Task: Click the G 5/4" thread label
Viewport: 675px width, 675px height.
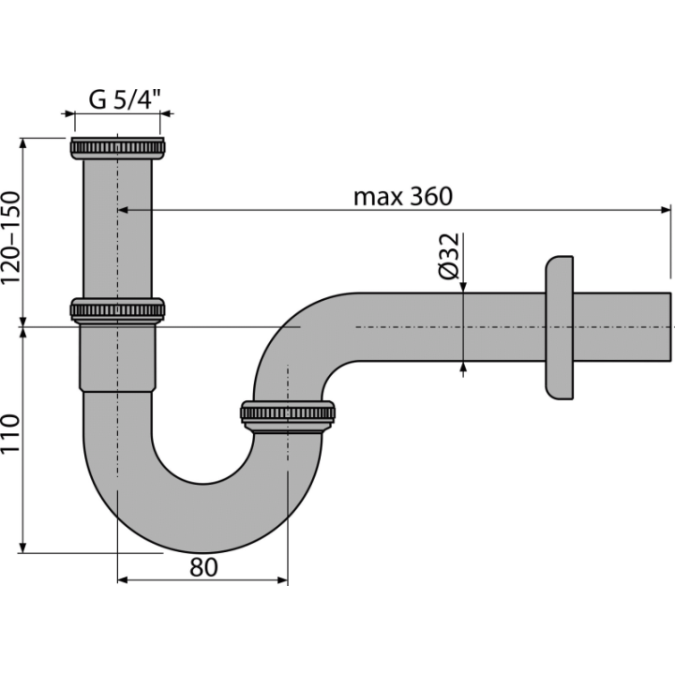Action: [x=125, y=100]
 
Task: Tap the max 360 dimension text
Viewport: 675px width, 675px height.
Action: [x=403, y=196]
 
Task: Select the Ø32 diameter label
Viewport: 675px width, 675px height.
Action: [x=449, y=256]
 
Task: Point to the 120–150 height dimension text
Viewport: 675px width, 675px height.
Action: [x=10, y=237]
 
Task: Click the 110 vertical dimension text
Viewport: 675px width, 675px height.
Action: [x=10, y=433]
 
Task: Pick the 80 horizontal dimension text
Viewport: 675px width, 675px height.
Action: [x=203, y=567]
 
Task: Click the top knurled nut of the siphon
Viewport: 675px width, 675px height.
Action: [x=117, y=148]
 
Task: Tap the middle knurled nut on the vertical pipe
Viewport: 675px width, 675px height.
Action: [x=117, y=310]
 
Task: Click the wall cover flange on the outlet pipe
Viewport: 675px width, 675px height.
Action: [x=560, y=327]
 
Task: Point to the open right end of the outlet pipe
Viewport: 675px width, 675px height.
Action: [x=669, y=327]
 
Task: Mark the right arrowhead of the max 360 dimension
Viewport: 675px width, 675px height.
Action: [x=666, y=210]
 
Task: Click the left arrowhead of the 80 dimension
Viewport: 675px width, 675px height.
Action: [x=123, y=580]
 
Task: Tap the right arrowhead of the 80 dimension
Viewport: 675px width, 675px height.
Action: [x=282, y=580]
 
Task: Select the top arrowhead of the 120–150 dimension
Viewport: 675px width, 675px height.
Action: [x=23, y=143]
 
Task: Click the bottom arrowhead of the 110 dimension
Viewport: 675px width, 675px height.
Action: [x=23, y=547]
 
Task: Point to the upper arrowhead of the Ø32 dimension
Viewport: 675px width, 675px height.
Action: [x=463, y=287]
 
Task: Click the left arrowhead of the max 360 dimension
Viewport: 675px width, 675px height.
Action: [x=123, y=210]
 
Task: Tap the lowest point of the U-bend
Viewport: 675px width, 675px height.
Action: [x=203, y=553]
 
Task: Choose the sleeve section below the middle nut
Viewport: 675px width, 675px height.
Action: [x=117, y=358]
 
